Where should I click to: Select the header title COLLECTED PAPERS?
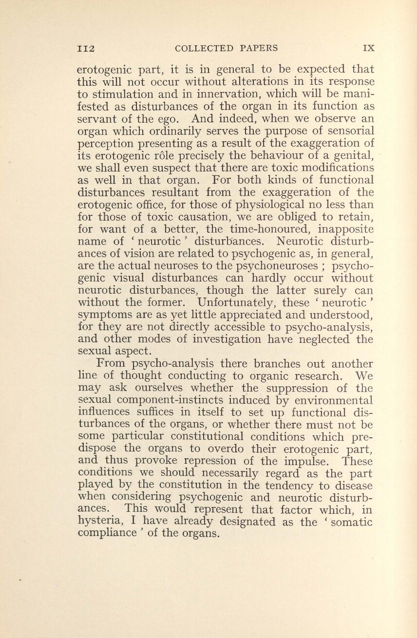(226, 48)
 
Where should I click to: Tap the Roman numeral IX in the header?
(368, 48)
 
